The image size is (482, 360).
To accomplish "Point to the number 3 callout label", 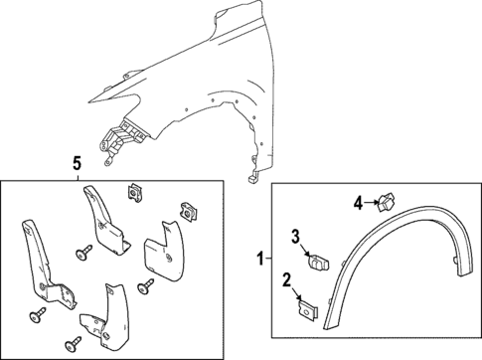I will tap(295, 235).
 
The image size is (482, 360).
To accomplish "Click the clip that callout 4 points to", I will tap(383, 205).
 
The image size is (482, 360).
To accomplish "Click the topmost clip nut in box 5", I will tap(131, 192).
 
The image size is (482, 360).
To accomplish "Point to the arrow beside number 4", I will tap(371, 204).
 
